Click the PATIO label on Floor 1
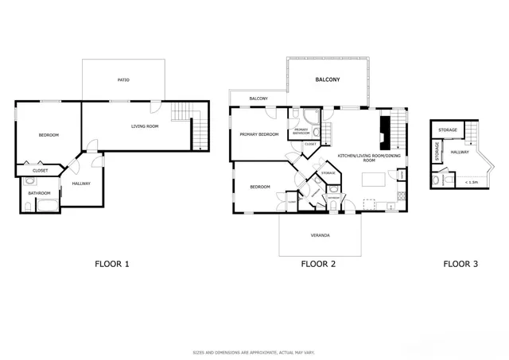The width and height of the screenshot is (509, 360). [x=123, y=80]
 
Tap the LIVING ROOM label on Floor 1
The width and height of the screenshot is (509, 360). [x=145, y=126]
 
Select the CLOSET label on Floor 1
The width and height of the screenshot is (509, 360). [x=40, y=171]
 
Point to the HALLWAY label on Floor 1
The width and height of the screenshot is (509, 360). [x=81, y=184]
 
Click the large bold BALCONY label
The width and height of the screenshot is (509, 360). [x=328, y=80]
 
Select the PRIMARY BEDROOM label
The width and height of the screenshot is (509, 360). [x=259, y=134]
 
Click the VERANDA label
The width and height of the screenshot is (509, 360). [x=321, y=235]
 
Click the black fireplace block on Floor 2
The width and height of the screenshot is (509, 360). [x=385, y=130]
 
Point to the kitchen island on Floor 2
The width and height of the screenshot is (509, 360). [x=373, y=180]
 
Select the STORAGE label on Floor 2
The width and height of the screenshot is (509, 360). [x=328, y=172]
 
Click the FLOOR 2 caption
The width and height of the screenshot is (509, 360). [x=320, y=264]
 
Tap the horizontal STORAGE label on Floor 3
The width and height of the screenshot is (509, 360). [x=447, y=129]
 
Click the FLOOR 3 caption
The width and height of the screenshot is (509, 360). [x=460, y=264]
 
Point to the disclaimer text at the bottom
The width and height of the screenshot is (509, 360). [x=254, y=352]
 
